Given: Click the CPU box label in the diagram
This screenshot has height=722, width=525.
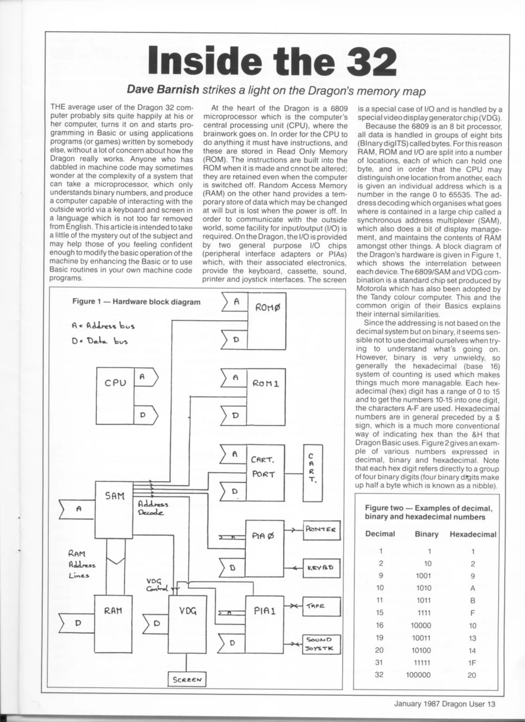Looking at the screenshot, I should pyautogui.click(x=115, y=383).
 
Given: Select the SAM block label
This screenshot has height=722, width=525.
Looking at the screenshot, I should pyautogui.click(x=115, y=496).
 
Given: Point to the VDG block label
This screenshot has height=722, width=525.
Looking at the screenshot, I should pyautogui.click(x=188, y=611).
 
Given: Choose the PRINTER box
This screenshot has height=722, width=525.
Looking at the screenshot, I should pyautogui.click(x=321, y=529).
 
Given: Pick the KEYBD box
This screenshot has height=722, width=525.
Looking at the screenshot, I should pyautogui.click(x=321, y=568).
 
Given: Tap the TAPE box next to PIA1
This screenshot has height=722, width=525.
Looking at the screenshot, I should pyautogui.click(x=321, y=606).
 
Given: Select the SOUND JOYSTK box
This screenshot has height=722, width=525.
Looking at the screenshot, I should pyautogui.click(x=321, y=644).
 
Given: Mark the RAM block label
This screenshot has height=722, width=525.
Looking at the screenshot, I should pyautogui.click(x=113, y=611).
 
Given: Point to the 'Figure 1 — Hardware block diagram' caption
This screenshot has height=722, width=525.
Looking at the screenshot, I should pyautogui.click(x=136, y=302).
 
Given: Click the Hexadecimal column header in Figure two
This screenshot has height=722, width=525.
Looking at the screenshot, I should pyautogui.click(x=473, y=534).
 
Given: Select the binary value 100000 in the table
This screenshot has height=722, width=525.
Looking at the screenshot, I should pyautogui.click(x=418, y=675).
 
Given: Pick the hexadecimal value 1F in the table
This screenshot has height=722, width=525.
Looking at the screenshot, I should pyautogui.click(x=472, y=663).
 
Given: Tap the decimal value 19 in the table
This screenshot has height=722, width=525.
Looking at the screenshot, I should pyautogui.click(x=379, y=637).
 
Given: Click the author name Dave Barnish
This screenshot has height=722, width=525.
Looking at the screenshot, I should pyautogui.click(x=163, y=90).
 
